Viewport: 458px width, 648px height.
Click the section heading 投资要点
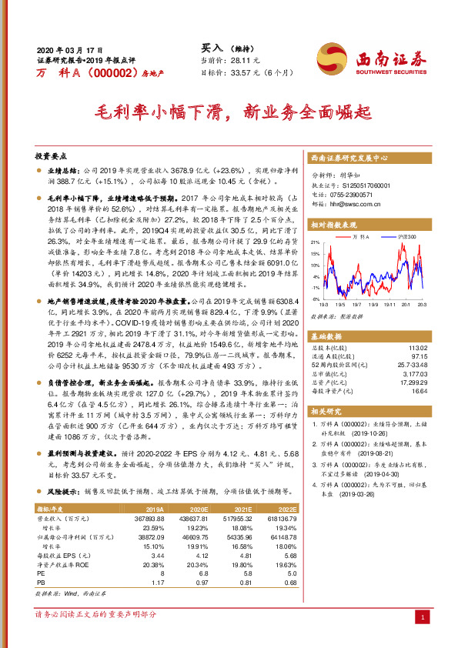(x=52, y=155)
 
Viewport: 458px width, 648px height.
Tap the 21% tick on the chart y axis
(x=316, y=242)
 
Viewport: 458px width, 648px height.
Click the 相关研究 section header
(x=326, y=412)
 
